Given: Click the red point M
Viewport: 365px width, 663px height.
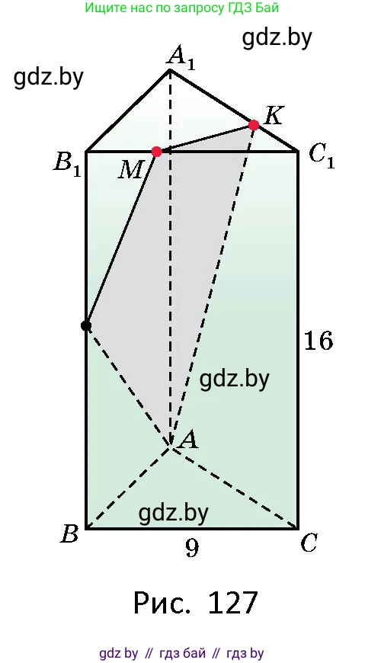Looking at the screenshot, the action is coord(156,152).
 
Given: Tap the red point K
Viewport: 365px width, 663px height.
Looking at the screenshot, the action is coord(254,125).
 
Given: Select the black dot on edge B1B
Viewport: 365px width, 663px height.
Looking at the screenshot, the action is coord(86,325).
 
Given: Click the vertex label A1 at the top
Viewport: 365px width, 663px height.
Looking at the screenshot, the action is coord(181,59).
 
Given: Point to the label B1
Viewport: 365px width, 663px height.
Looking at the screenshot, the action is coord(67,166).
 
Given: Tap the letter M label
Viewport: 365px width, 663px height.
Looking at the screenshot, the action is coord(130,170).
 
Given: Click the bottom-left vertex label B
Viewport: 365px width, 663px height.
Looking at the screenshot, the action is coord(70,533).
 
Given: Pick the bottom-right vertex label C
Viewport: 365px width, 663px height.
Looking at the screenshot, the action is coord(309,543).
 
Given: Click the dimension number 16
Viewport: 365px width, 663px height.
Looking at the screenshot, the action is coord(319,341).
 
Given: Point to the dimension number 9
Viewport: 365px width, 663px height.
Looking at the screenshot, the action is coord(191,549).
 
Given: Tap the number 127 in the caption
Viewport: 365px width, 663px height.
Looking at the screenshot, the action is coord(232,603).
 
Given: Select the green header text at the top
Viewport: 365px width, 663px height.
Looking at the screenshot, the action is coord(182,8).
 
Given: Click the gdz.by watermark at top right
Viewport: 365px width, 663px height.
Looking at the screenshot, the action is coord(277,37).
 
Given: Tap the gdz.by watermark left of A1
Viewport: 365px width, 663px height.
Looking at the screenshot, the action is coord(49,78).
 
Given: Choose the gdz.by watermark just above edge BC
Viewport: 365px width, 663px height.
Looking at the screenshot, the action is coord(174,513).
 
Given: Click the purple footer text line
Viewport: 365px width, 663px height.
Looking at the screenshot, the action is coord(181,653).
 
